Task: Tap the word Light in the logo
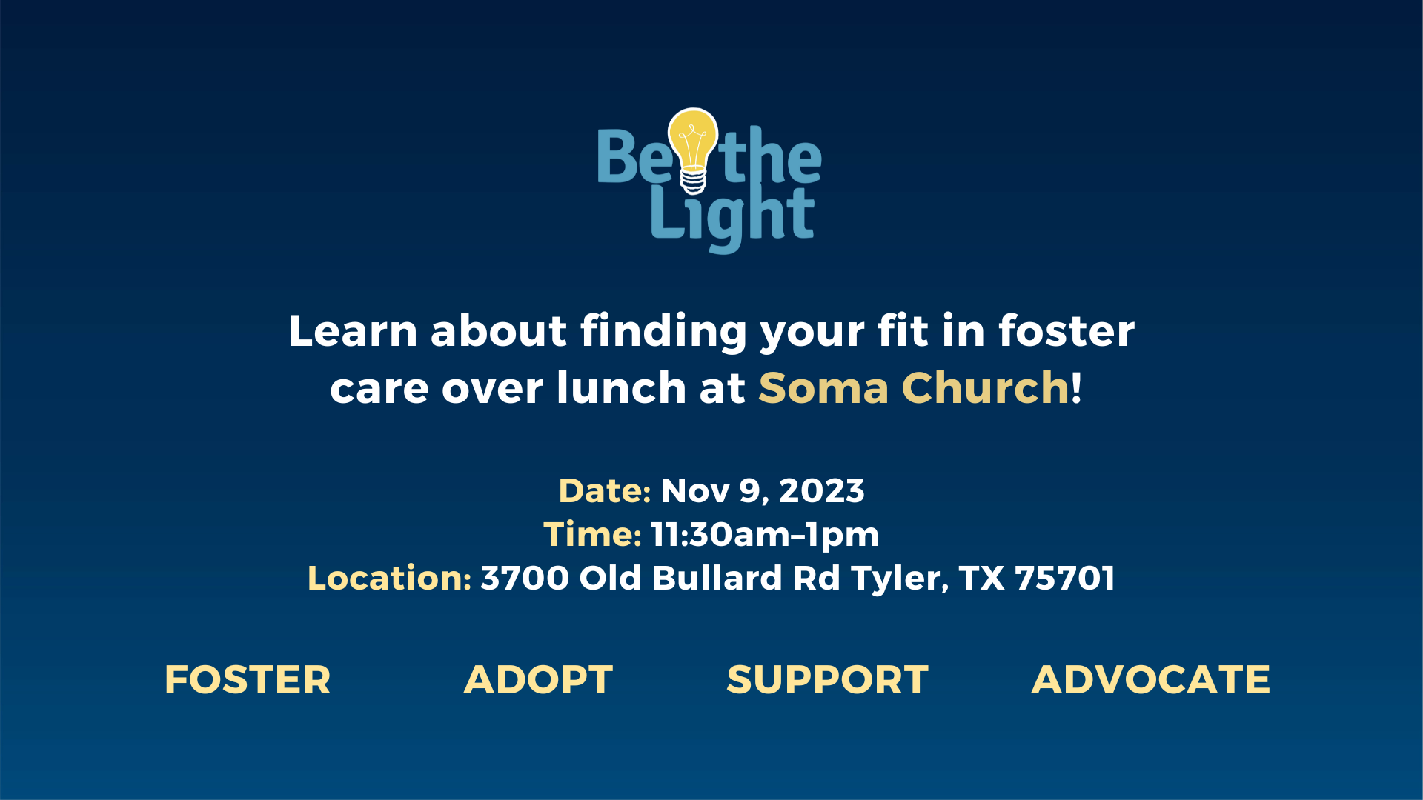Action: (732, 217)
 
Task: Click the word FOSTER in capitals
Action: (248, 680)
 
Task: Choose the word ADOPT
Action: (538, 680)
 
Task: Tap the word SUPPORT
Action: (827, 680)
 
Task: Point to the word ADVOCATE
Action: (1151, 680)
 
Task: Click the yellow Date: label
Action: (605, 490)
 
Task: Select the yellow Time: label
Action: (592, 534)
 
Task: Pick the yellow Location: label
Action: (389, 578)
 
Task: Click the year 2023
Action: (822, 490)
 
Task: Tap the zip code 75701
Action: (1065, 578)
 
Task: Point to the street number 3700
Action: (525, 578)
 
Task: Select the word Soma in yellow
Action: (823, 388)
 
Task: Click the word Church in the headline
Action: (986, 387)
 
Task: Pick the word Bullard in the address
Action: (717, 578)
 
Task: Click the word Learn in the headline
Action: (353, 330)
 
